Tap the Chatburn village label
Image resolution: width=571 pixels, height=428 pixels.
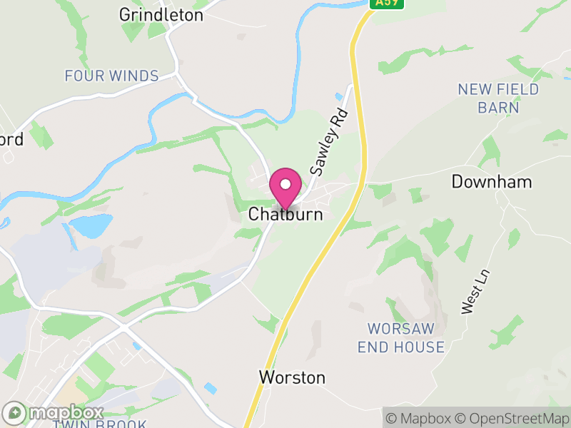(285, 215)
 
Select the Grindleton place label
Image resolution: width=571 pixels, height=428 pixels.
(161, 15)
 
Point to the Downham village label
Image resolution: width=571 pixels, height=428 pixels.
(492, 182)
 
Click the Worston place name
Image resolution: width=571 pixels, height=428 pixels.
(293, 377)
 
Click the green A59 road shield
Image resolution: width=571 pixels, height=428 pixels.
(387, 4)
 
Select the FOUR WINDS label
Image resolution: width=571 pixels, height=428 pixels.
(111, 76)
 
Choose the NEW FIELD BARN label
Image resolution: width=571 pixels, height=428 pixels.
(498, 98)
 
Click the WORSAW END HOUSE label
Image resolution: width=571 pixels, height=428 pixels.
(405, 338)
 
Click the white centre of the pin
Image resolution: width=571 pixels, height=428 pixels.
(285, 184)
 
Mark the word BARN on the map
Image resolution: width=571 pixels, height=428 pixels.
(498, 108)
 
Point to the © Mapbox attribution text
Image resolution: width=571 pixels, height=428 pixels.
(422, 418)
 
